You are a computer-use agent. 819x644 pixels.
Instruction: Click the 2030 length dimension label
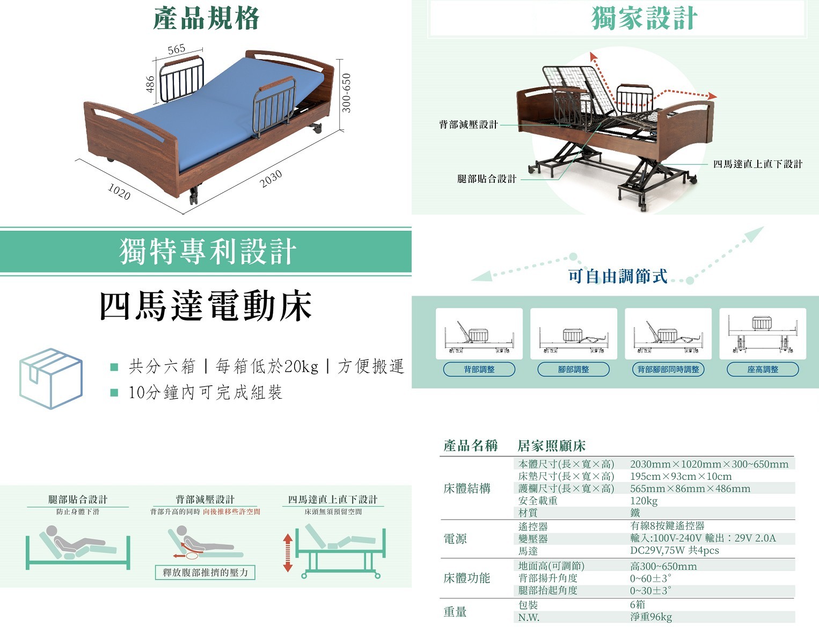tap(271, 179)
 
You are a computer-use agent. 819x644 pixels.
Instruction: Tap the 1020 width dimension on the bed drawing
tap(119, 192)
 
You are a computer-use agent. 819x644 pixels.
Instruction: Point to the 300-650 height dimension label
tap(346, 93)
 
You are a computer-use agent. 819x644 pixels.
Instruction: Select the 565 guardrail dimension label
tap(177, 49)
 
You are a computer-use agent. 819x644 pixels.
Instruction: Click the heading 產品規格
tap(206, 18)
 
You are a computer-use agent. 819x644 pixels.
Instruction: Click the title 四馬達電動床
tap(206, 306)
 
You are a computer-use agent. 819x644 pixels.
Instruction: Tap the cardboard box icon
tap(50, 378)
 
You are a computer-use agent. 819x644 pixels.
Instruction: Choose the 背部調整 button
tap(479, 369)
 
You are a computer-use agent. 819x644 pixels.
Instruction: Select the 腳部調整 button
tap(574, 369)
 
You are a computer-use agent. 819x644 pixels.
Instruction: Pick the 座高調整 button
tap(763, 369)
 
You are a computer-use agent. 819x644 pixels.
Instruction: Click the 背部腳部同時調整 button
tap(668, 369)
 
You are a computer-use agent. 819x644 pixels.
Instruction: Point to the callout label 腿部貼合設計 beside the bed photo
tap(487, 179)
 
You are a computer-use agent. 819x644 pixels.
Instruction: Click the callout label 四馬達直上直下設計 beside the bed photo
tap(758, 164)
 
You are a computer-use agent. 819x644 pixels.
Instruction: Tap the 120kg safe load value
tap(644, 501)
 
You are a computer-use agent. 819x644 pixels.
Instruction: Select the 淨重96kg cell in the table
tap(651, 617)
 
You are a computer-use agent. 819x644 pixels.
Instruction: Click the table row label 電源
tap(455, 539)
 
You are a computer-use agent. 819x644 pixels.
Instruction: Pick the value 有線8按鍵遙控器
tap(668, 526)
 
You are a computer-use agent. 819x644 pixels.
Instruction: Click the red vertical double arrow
tap(288, 553)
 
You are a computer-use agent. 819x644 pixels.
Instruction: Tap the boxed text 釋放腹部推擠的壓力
tap(205, 573)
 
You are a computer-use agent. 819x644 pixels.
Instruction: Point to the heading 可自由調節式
tap(618, 276)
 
